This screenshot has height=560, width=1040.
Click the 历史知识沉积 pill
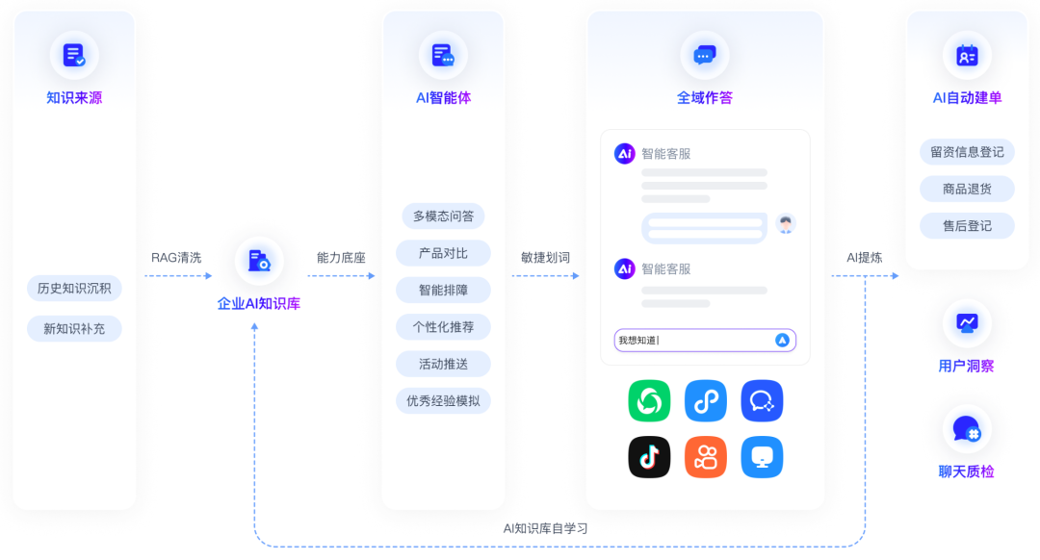[x=74, y=288]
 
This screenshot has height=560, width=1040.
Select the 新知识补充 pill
[x=74, y=329]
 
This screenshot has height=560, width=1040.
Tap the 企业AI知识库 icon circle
[x=259, y=261]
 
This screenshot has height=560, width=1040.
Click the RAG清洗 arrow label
[x=176, y=258]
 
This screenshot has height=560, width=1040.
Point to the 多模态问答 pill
[x=443, y=216]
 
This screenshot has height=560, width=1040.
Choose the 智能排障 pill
[x=443, y=290]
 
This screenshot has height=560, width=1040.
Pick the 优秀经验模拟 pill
[x=443, y=400]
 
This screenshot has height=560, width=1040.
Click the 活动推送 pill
[x=443, y=364]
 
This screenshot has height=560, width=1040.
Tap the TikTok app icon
[x=649, y=457]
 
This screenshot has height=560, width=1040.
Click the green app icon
[x=649, y=401]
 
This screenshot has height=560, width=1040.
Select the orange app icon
[x=705, y=457]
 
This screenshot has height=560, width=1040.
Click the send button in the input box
[x=782, y=340]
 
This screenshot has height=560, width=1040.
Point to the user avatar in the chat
[x=786, y=224]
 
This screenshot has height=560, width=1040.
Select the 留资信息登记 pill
[x=967, y=152]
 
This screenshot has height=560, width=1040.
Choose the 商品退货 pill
[x=967, y=189]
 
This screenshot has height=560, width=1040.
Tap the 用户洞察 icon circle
[x=967, y=324]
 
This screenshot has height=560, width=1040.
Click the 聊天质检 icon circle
[x=967, y=429]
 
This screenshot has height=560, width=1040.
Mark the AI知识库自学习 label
[x=545, y=528]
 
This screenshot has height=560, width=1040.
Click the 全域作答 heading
[x=705, y=97]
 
